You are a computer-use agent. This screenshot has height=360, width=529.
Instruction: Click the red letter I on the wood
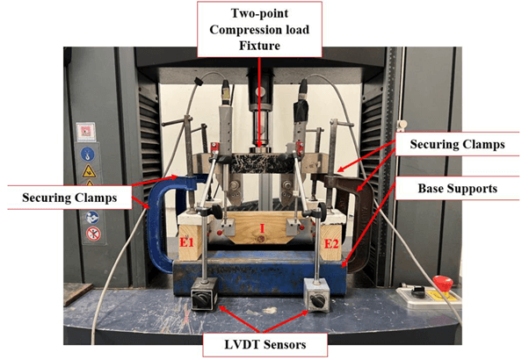(x=262, y=227)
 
